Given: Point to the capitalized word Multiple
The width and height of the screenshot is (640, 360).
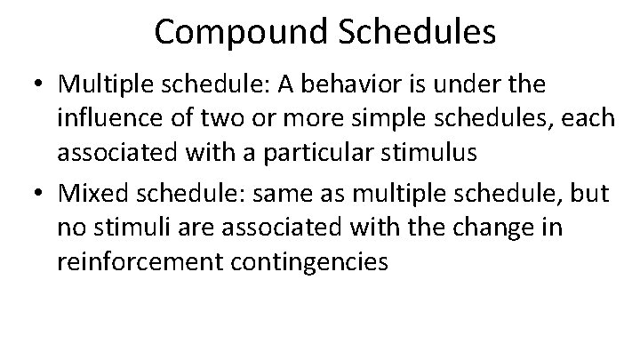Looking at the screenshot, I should point(100,85).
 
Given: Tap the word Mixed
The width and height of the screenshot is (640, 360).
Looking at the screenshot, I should point(90,195).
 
